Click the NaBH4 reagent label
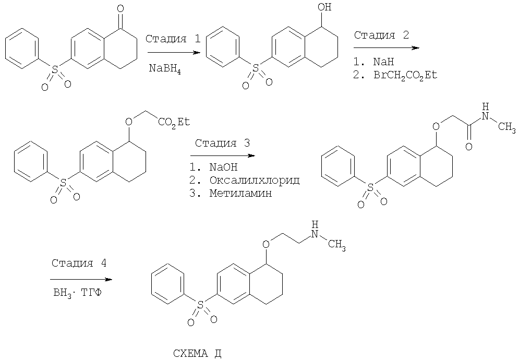[164, 69]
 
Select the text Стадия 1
[173, 39]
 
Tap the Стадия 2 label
[381, 35]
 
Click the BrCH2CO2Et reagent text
[405, 76]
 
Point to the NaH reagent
[383, 62]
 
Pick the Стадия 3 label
[222, 143]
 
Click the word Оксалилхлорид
[255, 181]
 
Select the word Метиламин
[240, 193]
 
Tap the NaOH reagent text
[223, 167]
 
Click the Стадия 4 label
[79, 263]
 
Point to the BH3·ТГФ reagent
[77, 293]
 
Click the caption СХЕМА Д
[197, 354]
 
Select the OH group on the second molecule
[324, 7]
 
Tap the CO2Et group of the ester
[174, 123]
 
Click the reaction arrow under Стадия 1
[174, 53]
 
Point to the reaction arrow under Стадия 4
[81, 280]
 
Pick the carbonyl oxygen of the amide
[469, 146]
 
